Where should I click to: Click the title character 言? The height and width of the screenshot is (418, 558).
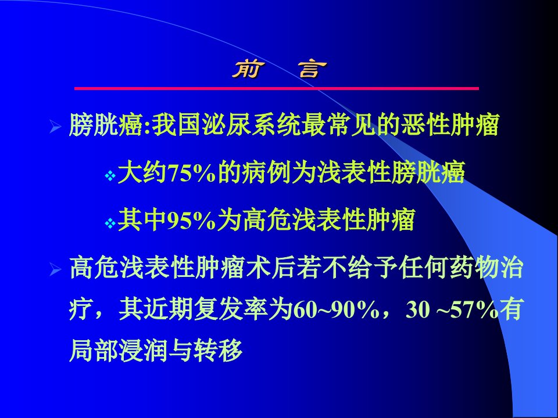313,69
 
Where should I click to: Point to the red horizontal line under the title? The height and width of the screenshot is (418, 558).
277,88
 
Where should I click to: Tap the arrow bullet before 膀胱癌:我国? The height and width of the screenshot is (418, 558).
56,126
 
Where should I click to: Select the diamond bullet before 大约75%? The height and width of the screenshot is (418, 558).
110,175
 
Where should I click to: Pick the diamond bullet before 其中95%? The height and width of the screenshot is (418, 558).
110,223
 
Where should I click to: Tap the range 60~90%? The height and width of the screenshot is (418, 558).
335,310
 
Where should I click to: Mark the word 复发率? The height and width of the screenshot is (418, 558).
230,309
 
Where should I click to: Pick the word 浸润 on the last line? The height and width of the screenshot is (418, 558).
144,351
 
